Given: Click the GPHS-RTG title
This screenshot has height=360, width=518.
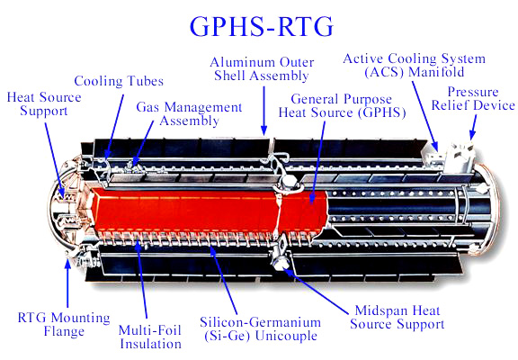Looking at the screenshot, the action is (262, 26).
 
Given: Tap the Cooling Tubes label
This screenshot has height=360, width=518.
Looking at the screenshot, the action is (119, 81).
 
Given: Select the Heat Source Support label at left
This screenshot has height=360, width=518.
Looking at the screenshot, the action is (44, 103).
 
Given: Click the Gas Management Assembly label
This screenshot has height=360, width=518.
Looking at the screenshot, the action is (189, 113).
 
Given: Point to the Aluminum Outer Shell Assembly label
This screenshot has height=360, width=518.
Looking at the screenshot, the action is (262, 68).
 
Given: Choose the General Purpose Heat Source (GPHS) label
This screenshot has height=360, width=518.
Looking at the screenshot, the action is (342, 106).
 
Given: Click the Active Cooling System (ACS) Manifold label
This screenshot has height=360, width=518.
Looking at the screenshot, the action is (415, 66).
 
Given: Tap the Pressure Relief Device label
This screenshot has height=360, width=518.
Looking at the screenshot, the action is (473, 98).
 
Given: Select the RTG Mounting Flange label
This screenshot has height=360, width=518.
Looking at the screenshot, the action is (64, 324).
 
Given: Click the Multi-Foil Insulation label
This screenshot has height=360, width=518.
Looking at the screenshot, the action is (150, 337).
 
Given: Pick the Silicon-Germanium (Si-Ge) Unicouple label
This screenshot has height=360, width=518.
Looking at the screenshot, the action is (260, 328).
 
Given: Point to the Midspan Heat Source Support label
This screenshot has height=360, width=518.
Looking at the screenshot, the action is (397, 318).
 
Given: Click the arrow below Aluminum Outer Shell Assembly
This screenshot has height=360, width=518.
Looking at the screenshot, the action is (263, 111).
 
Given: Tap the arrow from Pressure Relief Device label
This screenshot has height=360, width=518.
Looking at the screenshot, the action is (474, 127).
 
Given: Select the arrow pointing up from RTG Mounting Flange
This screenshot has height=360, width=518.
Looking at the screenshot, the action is (67, 283).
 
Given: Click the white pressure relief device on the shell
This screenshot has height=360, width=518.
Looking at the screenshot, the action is (460, 157).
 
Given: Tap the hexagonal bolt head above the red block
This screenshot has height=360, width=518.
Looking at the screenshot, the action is (290, 182).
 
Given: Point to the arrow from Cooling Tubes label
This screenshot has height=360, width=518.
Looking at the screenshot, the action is (115, 125).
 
